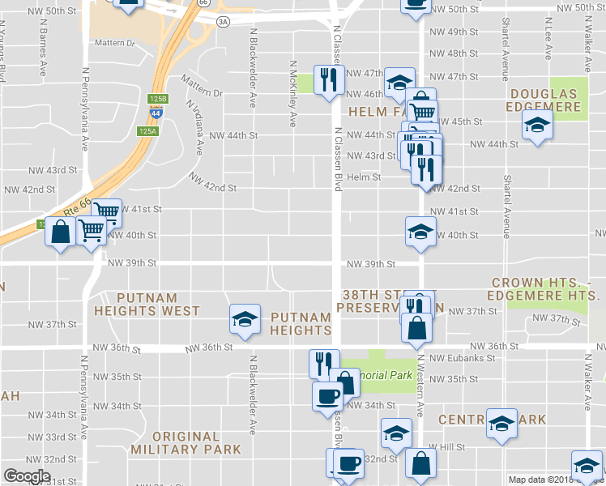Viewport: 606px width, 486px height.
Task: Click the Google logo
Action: click(x=27, y=476)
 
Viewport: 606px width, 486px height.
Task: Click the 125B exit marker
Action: click(x=158, y=99)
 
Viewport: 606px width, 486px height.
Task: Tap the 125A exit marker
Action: click(x=147, y=130)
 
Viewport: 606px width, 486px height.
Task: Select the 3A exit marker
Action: click(x=223, y=22)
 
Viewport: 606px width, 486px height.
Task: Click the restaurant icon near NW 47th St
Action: click(x=328, y=79)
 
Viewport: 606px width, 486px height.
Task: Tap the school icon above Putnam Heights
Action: click(x=244, y=319)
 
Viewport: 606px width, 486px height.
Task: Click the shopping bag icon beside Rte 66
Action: click(x=60, y=232)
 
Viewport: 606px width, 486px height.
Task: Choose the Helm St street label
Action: click(x=364, y=177)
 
